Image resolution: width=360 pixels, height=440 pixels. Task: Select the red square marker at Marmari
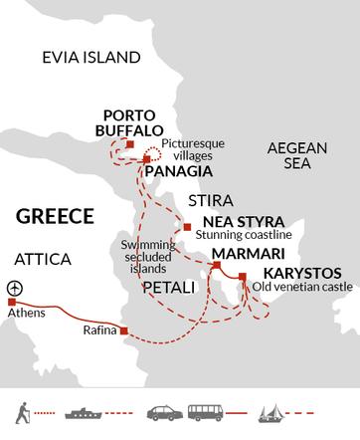coord(216,266)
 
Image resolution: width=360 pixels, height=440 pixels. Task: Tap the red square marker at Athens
coord(14,302)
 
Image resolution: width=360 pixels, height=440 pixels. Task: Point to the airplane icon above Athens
coord(14,287)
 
